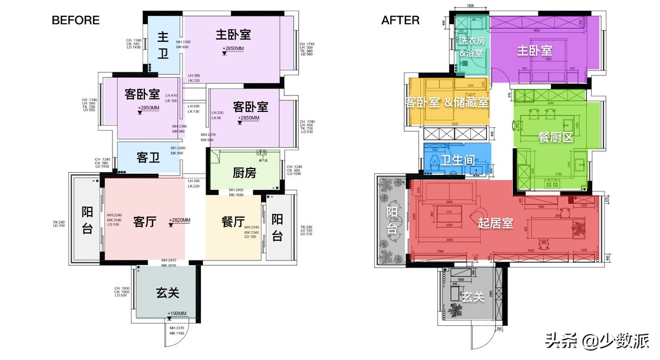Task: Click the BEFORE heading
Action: point(75,20)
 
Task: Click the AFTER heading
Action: point(400,20)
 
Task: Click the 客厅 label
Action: point(144,222)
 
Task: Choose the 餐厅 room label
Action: point(233,222)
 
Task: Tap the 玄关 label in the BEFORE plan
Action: point(167,292)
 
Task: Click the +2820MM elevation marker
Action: point(179,220)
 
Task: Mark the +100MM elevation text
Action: point(177,313)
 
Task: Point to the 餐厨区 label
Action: point(556,137)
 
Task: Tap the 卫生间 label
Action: point(458,159)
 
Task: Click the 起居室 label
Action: point(495,223)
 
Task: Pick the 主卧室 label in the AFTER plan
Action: point(534,51)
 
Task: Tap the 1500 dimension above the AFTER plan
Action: point(470,5)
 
